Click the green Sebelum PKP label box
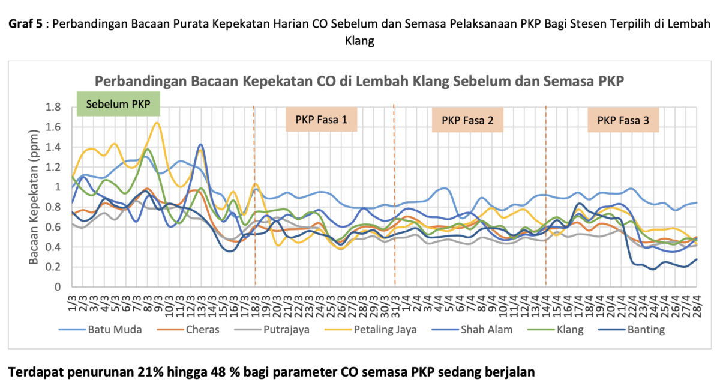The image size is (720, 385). click(x=119, y=103)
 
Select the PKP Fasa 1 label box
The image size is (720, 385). click(x=322, y=120)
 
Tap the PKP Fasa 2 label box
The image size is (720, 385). click(x=467, y=120)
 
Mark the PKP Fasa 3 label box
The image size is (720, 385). click(x=623, y=120)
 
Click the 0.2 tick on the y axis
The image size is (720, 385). click(x=55, y=267)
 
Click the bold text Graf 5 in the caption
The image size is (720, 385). click(x=27, y=24)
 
